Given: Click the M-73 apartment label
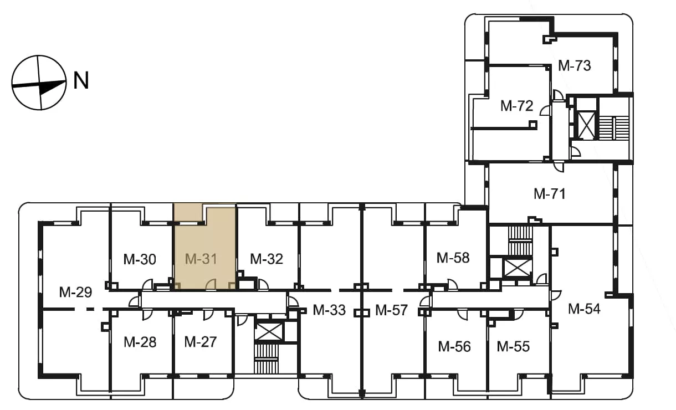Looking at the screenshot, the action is [574, 66].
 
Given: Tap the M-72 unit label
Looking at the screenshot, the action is [516, 106].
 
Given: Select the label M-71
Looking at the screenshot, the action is [549, 194].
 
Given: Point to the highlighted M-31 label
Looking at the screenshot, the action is [201, 259].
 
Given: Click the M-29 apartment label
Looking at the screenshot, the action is [75, 292].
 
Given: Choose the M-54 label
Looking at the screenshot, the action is [584, 309].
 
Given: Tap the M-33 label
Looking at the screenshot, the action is [329, 310].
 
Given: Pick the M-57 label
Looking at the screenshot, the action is [391, 310].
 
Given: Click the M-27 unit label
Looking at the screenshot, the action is [201, 342].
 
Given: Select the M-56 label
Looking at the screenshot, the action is [454, 347].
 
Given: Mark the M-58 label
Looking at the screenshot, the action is [453, 258].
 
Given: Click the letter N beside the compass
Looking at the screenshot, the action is [81, 80].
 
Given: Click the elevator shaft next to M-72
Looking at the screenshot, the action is [586, 125].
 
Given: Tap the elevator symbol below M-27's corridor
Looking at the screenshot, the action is [269, 332].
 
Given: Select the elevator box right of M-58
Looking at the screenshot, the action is [518, 268].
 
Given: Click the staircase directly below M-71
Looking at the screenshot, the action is [520, 241].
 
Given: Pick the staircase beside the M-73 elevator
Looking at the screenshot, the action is [613, 128].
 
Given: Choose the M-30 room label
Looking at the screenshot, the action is [140, 259].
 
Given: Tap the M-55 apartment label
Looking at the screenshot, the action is [513, 347].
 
